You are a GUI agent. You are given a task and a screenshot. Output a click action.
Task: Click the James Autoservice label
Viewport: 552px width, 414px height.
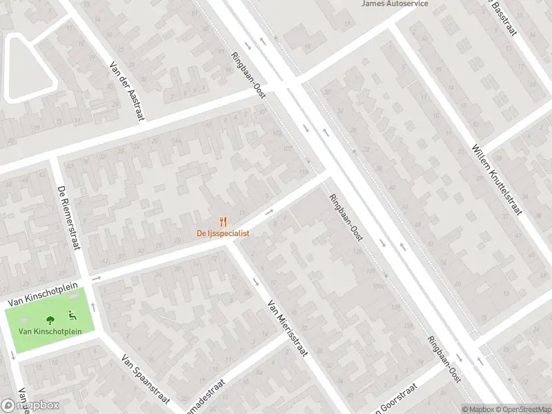coord(395,3)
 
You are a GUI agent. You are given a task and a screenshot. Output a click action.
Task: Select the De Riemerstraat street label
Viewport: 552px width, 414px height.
coord(70,219)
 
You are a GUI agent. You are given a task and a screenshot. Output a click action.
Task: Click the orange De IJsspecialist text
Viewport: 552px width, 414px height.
coord(223,233)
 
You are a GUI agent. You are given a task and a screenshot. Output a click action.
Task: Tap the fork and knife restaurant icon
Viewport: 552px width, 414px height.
coord(223,221)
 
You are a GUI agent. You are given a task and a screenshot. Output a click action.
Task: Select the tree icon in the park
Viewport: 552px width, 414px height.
coord(50,319)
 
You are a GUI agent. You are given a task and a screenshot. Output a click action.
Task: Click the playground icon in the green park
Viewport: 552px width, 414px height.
coord(71,317)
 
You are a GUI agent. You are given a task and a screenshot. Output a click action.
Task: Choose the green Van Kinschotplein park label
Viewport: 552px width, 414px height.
coord(50,332)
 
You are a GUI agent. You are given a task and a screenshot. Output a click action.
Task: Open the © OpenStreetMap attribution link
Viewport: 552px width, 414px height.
coord(522,409)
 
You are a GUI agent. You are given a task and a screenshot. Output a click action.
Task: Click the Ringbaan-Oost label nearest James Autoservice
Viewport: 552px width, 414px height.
coord(248,74)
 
